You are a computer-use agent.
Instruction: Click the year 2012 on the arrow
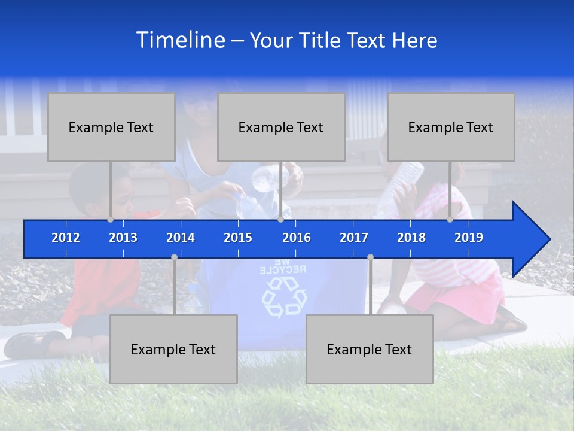[66, 238]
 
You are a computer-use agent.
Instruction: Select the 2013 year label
[123, 238]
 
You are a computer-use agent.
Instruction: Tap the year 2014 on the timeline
[181, 238]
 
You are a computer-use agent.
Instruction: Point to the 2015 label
[238, 238]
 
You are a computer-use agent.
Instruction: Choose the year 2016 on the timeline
[297, 238]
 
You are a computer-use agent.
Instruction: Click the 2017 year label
[354, 238]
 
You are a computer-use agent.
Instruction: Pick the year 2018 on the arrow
[411, 238]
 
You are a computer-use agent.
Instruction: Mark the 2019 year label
[469, 238]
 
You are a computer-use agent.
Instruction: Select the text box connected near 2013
[111, 128]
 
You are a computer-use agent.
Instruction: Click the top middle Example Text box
[281, 128]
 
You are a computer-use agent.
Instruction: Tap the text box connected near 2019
[451, 128]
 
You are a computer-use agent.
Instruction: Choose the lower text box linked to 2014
[173, 350]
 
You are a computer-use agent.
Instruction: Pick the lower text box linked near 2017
[370, 350]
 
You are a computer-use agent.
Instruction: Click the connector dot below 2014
[174, 257]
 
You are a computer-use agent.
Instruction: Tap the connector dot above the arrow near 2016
[280, 219]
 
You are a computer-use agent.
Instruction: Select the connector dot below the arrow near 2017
[370, 257]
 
